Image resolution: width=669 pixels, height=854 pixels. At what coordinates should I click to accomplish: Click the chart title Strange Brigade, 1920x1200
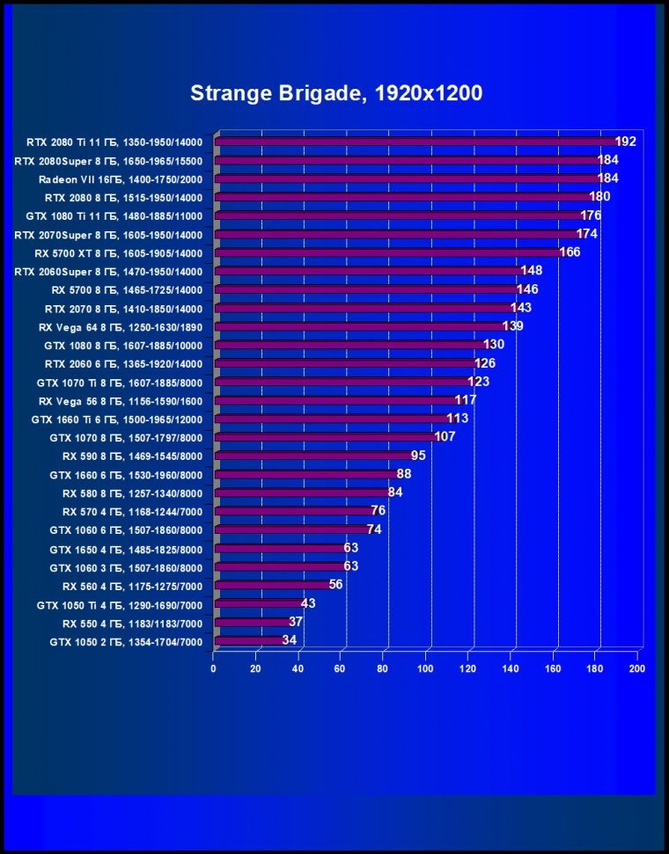(x=335, y=93)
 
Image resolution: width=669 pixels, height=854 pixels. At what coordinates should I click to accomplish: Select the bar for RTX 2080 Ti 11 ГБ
(x=414, y=142)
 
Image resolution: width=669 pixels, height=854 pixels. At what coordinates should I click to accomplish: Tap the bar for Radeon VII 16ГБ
(x=405, y=179)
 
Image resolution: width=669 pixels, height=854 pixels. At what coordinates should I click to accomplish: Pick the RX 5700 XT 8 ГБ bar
(x=387, y=252)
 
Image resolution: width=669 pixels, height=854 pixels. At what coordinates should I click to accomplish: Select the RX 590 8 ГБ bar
(x=312, y=456)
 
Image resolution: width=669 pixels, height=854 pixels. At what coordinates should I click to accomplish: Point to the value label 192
(x=625, y=142)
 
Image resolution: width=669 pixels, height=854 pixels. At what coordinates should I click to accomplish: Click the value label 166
(x=570, y=252)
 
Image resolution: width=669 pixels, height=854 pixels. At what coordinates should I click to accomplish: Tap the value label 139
(x=513, y=326)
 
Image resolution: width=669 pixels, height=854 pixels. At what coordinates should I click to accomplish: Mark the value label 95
(x=418, y=456)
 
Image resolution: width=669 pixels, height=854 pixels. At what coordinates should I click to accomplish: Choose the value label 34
(x=289, y=640)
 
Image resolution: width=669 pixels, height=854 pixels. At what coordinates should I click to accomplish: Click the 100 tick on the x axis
(x=425, y=668)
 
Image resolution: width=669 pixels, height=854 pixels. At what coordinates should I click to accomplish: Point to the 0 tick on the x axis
(x=214, y=668)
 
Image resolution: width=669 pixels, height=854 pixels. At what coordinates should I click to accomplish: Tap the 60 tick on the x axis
(x=341, y=668)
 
